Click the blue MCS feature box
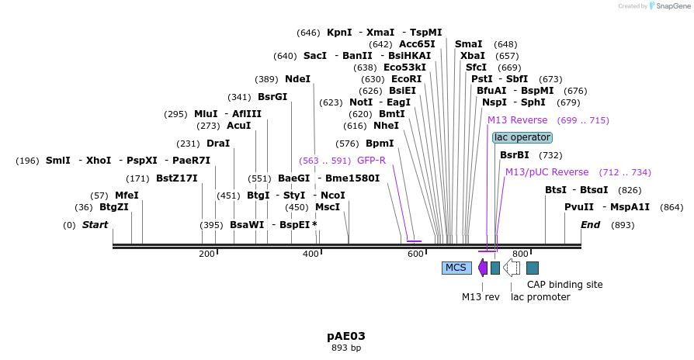tap(456, 268)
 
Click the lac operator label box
tap(522, 137)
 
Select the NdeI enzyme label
tap(297, 79)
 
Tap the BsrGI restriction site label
tap(272, 97)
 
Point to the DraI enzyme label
tap(218, 144)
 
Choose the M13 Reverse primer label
tap(517, 120)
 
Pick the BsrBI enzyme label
tap(514, 155)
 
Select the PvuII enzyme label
tap(578, 207)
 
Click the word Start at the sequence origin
tap(95, 225)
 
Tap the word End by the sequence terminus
tap(591, 225)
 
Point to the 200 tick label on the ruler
tap(206, 254)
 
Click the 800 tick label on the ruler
tap(520, 254)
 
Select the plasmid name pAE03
tap(346, 336)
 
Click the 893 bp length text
tap(346, 348)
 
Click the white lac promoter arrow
tap(512, 268)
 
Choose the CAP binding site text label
tap(564, 285)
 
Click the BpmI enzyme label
tap(380, 144)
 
